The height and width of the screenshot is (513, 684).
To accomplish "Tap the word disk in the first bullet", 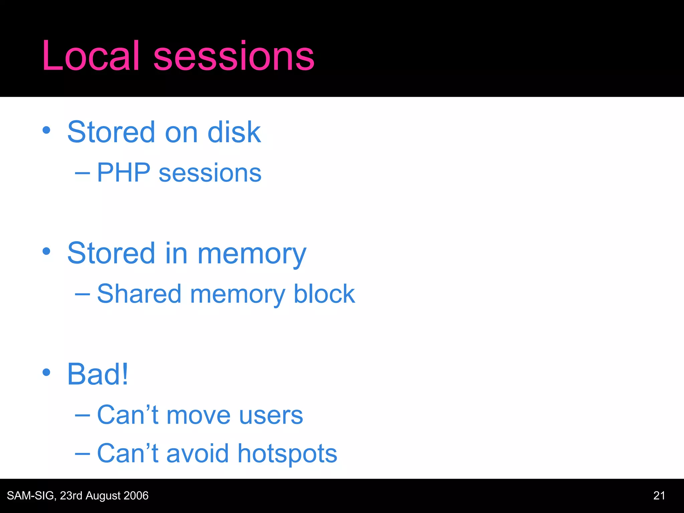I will click(x=234, y=132).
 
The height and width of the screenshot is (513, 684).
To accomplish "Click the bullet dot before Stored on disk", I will click(x=46, y=131).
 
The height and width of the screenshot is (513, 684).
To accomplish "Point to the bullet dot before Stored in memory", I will click(x=46, y=251).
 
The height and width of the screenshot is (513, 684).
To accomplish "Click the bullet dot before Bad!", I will click(x=46, y=372).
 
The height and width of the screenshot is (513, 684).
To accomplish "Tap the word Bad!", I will click(x=98, y=374).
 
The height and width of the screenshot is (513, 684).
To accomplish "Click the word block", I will click(x=324, y=294).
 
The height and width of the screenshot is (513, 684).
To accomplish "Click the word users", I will click(x=271, y=416).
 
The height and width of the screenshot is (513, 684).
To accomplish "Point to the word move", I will click(x=198, y=416).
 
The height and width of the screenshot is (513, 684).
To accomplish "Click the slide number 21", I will click(x=659, y=496).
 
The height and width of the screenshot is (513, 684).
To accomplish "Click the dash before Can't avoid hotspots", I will click(x=82, y=454).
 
